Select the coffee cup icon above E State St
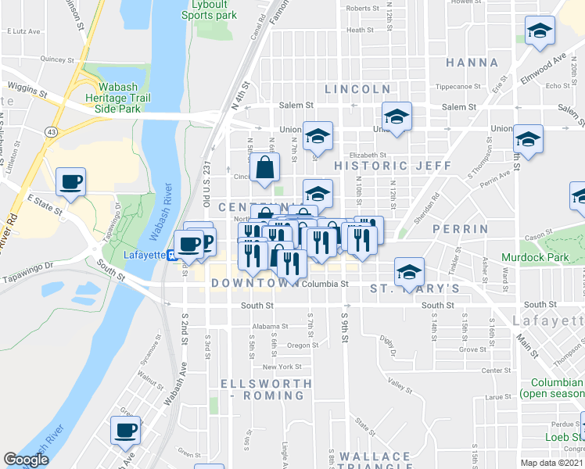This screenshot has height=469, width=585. coord(71,182)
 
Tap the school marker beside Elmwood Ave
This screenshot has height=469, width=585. coord(540,32)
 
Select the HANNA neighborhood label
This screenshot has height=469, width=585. coord(472,63)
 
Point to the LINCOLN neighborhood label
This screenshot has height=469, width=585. coord(357,89)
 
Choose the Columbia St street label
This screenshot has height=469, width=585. coord(325,285)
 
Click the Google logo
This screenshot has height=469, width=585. coord(26,460)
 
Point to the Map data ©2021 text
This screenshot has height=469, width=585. coord(552,463)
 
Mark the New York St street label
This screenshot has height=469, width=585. coord(282,367)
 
